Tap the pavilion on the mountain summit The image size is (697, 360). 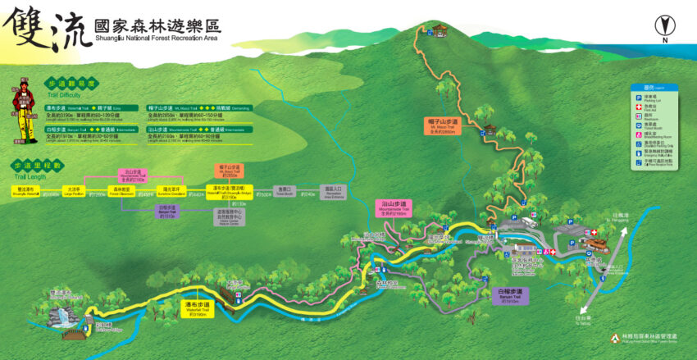tap(442, 31)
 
